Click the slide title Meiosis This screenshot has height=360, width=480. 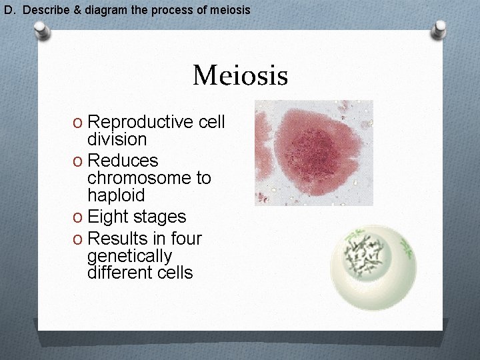(240, 75)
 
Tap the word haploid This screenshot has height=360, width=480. (116, 195)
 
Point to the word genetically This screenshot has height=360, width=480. (129, 256)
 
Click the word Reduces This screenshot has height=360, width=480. (123, 161)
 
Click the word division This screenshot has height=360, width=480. (117, 139)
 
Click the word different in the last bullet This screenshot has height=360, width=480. (117, 273)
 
